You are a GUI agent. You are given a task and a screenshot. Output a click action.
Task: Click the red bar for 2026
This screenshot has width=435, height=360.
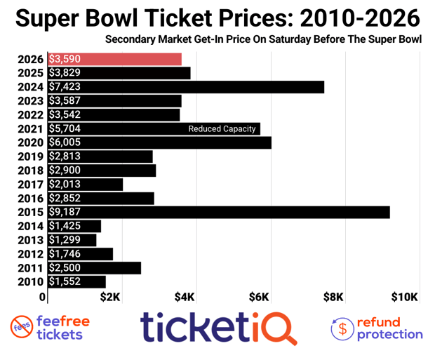coord(115,60)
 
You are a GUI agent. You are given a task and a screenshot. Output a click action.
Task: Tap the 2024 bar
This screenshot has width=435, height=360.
coord(186,87)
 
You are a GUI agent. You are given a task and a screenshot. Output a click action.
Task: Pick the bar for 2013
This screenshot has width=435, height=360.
coord(72,240)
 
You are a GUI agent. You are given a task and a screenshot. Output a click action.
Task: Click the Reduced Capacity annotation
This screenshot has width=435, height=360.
coord(222,129)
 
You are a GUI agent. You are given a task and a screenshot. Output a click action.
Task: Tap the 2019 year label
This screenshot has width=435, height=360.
coord(31,156)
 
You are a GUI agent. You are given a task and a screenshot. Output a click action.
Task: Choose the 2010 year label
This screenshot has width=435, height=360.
coord(31,281)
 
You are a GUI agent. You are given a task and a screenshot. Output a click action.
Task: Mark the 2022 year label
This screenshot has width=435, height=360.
coord(31,115)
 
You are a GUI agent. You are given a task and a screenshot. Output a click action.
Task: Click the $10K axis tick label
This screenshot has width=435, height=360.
coord(405,297)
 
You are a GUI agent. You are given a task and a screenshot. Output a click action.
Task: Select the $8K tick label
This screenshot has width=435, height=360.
coord(333,297)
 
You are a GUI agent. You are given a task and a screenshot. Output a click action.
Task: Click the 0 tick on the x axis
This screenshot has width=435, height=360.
coord(43,298)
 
